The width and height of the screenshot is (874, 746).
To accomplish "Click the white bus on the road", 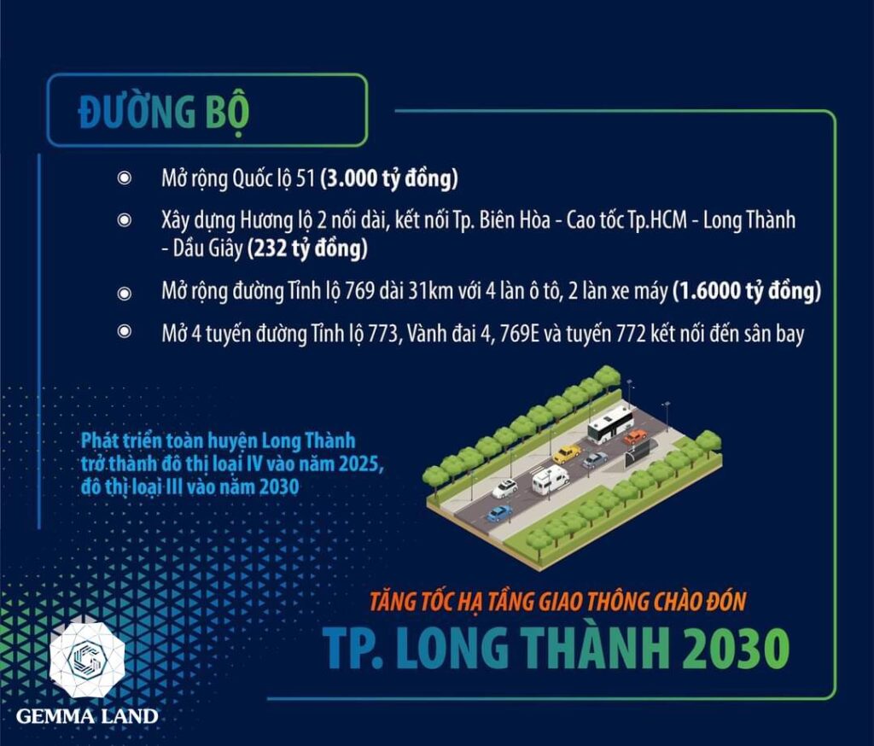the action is pos(611,423).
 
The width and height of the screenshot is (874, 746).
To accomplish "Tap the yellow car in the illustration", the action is pos(567,454).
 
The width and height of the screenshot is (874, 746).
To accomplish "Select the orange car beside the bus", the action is pos(635,436).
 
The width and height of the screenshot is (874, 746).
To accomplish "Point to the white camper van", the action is pos(551,480).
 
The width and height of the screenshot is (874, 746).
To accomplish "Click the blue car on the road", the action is pos(498,514).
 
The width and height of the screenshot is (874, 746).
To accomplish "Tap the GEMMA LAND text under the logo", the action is pos(87,716).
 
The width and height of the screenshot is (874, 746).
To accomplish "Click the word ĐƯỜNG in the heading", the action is pos(137,112).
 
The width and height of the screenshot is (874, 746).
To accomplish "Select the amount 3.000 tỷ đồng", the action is pos(389,179).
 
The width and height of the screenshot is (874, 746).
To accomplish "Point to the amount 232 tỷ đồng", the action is pos(307,248).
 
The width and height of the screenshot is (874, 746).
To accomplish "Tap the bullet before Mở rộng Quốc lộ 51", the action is pos(125,178).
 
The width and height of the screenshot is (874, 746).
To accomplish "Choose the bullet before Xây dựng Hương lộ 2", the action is pos(125,220).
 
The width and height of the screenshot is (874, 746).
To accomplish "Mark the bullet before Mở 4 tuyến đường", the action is pos(125,332).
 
